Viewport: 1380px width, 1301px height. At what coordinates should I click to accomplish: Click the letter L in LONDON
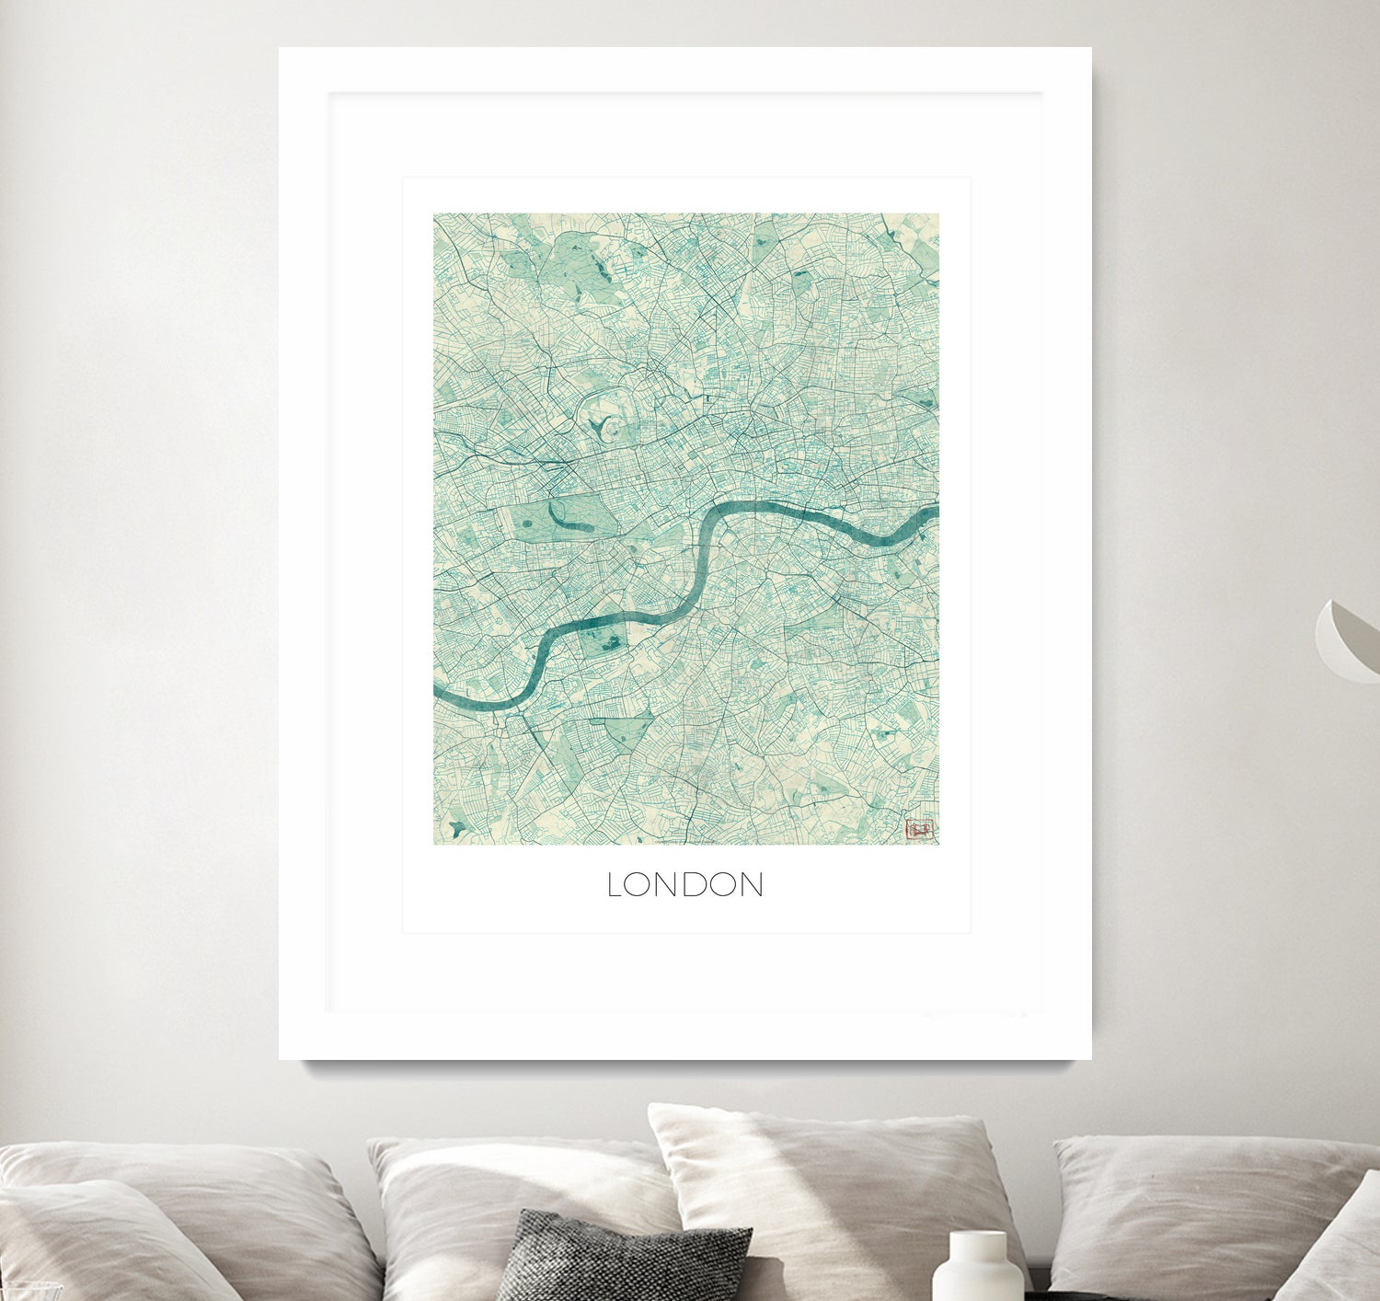614,885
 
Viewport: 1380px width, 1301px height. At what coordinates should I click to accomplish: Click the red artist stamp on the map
919,829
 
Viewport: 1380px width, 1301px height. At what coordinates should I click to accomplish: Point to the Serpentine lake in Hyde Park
570,521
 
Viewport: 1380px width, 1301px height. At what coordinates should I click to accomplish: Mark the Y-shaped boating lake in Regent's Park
600,426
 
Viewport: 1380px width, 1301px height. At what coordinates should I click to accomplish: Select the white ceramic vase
977,1270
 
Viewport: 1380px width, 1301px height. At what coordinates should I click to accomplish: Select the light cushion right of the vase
1196,1205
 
